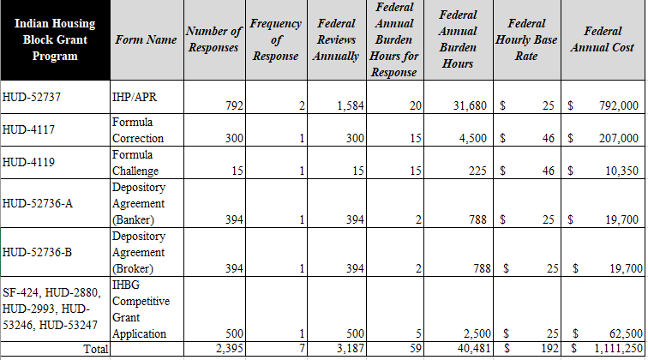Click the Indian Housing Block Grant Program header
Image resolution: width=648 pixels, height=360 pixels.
[x=55, y=40]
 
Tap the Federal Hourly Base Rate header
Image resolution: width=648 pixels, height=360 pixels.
[x=528, y=39]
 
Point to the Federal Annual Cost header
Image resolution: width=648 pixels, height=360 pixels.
[x=602, y=39]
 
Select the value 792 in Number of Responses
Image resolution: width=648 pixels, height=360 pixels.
[x=233, y=106]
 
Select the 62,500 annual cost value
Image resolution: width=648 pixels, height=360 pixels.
[x=623, y=333]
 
